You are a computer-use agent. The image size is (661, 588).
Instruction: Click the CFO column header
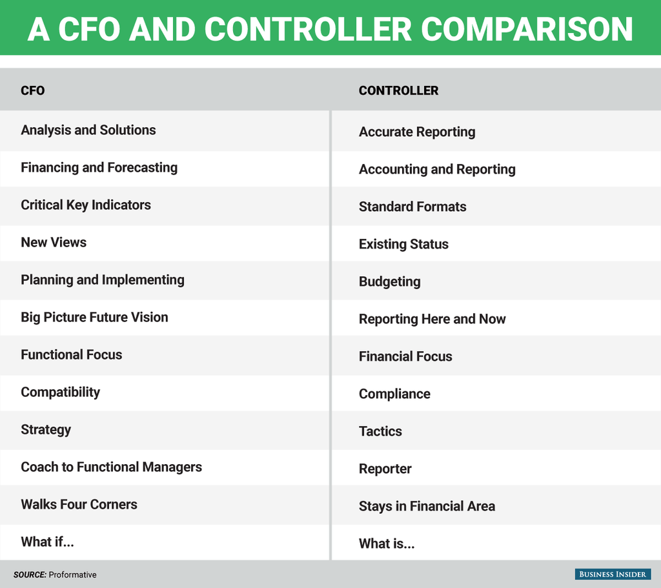click(x=32, y=90)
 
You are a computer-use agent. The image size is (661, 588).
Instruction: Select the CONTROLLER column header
click(x=398, y=90)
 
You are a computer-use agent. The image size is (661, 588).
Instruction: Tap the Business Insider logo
click(x=613, y=574)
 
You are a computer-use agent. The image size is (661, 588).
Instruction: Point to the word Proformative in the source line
click(x=73, y=574)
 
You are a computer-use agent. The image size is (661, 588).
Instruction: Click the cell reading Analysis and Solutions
click(x=88, y=130)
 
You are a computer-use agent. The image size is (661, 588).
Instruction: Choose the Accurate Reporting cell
click(x=417, y=132)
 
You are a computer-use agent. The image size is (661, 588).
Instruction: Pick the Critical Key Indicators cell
click(x=86, y=205)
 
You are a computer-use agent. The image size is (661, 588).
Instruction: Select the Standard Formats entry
click(x=412, y=207)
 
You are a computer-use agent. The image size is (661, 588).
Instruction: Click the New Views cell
click(x=54, y=243)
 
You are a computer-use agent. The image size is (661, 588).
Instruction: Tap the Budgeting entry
click(x=389, y=282)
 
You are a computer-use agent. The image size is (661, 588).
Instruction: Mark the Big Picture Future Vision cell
click(x=94, y=318)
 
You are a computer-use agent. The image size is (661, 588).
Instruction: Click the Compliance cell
click(x=394, y=394)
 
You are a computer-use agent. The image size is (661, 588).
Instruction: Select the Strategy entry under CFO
click(x=46, y=430)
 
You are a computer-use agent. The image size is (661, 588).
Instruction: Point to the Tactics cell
click(x=380, y=432)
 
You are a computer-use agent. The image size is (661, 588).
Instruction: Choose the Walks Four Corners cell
click(x=79, y=505)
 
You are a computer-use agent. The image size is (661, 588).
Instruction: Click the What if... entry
click(x=47, y=542)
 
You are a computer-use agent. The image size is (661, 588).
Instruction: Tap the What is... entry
click(x=387, y=544)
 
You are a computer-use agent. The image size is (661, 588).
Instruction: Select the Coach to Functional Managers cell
click(x=111, y=467)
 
